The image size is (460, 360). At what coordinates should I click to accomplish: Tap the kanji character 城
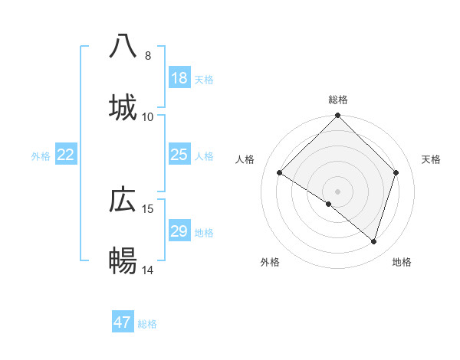click(123, 106)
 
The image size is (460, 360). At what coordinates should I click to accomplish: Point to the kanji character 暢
click(123, 261)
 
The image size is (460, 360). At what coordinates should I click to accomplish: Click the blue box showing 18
click(179, 78)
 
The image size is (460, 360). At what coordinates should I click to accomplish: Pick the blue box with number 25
click(179, 155)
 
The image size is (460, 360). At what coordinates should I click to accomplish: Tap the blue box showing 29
click(179, 231)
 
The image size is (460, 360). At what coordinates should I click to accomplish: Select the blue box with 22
click(66, 155)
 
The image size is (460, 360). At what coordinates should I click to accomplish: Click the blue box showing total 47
click(123, 322)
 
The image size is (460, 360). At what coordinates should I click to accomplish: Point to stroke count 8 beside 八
click(148, 55)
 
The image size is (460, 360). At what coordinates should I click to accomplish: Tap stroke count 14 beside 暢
click(148, 270)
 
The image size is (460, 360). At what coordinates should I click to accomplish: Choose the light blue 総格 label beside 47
click(147, 324)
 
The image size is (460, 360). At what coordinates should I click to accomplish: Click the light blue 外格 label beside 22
click(41, 156)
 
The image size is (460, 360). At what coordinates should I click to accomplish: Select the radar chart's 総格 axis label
click(338, 100)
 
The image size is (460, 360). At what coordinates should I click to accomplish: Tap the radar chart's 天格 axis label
click(432, 159)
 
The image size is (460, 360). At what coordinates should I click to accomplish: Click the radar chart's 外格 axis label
click(270, 262)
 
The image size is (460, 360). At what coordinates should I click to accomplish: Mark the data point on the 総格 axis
click(338, 116)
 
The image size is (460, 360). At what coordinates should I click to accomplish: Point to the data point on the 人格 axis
click(280, 173)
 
